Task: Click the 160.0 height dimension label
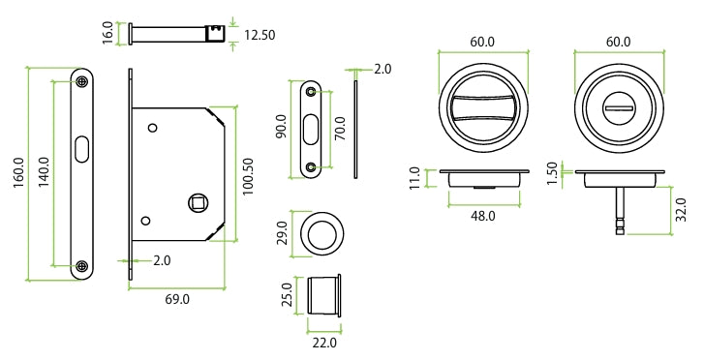coord(18,174)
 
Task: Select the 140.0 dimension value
coord(44,174)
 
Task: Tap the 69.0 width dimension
coord(177,300)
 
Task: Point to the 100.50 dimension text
coord(249,177)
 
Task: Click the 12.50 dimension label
coord(260,35)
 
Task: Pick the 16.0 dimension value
coord(108,32)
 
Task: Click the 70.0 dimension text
coord(340,130)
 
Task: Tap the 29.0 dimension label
coord(281,235)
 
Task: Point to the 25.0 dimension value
coord(288,295)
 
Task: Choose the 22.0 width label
coord(323,342)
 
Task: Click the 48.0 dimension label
coord(482,216)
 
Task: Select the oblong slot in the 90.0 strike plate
coord(311,130)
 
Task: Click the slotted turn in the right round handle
coord(618,104)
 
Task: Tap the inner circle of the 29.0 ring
coord(322,234)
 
